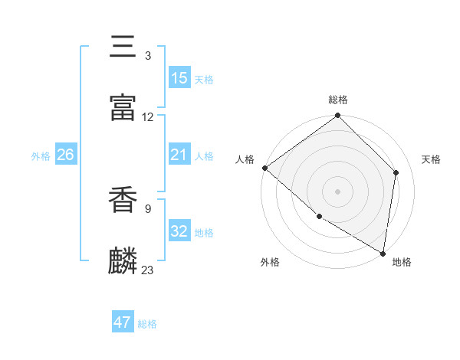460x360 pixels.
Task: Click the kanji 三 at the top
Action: point(123,47)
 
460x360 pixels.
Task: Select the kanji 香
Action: point(123,198)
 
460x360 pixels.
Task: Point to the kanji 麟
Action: point(123,260)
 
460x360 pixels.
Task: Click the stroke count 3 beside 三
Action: point(148,56)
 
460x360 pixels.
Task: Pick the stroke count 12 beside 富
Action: point(148,117)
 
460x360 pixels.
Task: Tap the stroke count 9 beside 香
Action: point(148,206)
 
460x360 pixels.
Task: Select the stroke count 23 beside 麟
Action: point(148,270)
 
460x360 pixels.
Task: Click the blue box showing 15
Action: point(179,78)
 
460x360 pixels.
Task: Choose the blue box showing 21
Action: point(179,155)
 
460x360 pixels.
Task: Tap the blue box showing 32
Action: point(179,231)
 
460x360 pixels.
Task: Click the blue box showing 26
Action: point(66,155)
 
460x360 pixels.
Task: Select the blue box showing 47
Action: point(123,322)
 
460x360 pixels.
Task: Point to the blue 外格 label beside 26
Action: point(41,155)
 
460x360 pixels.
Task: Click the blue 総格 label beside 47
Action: point(147,324)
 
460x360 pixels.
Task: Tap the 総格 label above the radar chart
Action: point(338,100)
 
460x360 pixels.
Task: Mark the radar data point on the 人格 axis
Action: point(264,168)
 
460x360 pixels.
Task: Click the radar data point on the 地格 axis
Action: point(383,253)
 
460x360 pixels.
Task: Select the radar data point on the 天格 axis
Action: point(396,172)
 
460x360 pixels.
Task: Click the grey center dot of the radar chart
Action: point(338,191)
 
